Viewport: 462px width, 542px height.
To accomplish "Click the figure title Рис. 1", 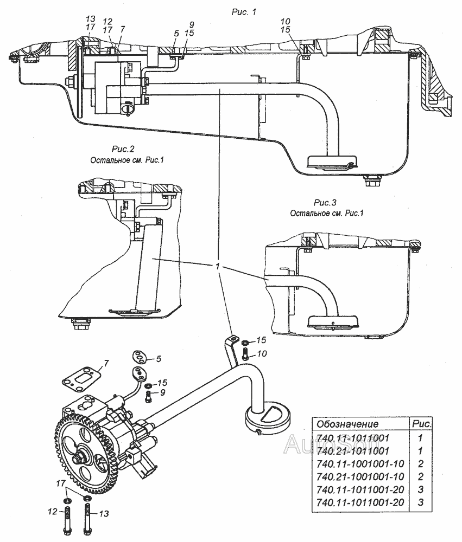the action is pos(244,12).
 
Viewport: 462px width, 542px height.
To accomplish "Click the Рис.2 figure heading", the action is pos(123,149).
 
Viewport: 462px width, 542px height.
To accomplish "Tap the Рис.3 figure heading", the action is pos(325,202).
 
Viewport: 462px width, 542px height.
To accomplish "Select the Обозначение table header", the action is pos(347,424).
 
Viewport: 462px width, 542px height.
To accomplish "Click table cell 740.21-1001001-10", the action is pos(360,476).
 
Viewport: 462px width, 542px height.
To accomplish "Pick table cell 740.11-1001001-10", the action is pos(360,463).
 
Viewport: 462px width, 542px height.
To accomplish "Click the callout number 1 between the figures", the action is pos(218,267).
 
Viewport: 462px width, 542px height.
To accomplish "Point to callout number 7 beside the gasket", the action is pos(106,363).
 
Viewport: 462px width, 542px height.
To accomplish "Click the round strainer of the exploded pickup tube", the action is pos(267,418).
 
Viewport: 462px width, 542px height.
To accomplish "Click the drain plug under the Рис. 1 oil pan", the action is pos(373,180).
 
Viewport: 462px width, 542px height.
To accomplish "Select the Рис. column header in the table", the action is pos(421,423).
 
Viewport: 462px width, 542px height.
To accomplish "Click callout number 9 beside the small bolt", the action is pos(162,392).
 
